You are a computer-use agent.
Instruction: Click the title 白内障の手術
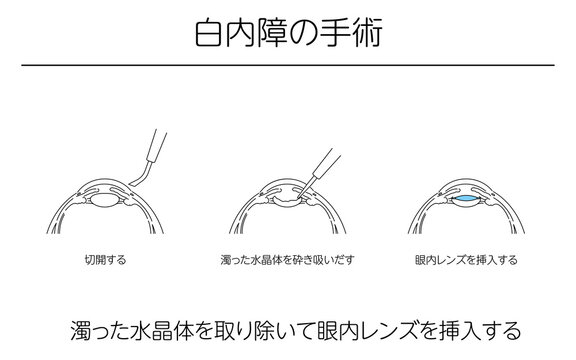point(289,32)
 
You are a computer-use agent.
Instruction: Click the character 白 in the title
point(209,32)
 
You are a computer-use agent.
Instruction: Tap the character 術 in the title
point(367,32)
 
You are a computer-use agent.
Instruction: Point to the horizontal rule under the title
point(288,65)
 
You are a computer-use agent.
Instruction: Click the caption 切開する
point(105,260)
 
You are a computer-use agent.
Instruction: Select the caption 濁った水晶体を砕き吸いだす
point(288,260)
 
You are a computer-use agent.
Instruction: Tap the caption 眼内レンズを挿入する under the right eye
point(466,260)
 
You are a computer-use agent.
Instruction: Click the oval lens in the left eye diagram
point(104,201)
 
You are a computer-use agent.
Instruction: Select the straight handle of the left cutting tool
point(156,146)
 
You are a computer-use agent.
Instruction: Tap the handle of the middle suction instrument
point(327,163)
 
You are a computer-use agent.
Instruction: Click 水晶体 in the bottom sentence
point(163,330)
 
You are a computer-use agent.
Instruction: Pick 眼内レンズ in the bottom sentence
point(370,330)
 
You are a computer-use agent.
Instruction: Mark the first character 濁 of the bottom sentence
point(81,330)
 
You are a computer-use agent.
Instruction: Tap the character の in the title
point(303,33)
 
